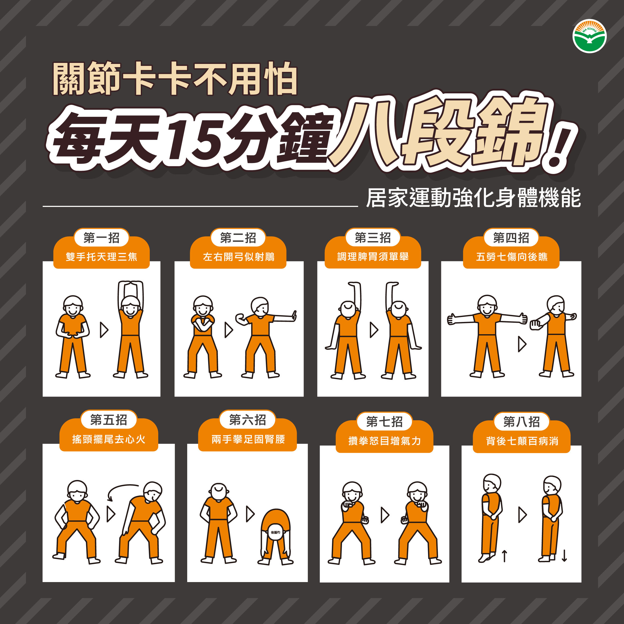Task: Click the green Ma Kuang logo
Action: [x=590, y=36]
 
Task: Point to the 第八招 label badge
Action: [x=521, y=422]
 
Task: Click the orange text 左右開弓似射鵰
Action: [x=238, y=257]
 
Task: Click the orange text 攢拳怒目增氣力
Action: [x=384, y=441]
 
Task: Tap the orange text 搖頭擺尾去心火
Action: [x=109, y=439]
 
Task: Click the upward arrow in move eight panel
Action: [x=504, y=556]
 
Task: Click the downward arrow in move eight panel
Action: [x=564, y=556]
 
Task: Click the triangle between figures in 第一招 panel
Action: [x=104, y=330]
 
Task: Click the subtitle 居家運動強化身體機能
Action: [x=473, y=198]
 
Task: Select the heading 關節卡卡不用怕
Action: [x=175, y=79]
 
